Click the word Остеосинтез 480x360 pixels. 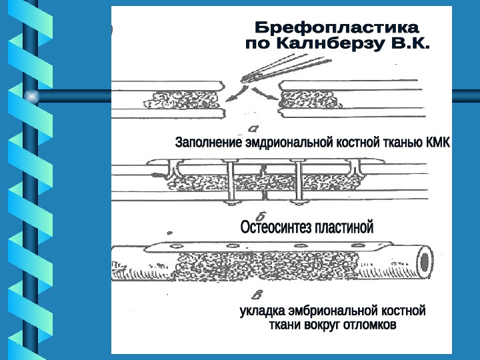point(275,228)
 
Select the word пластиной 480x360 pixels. point(344,228)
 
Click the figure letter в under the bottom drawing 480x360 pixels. point(255,293)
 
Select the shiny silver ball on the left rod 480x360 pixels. point(31,97)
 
